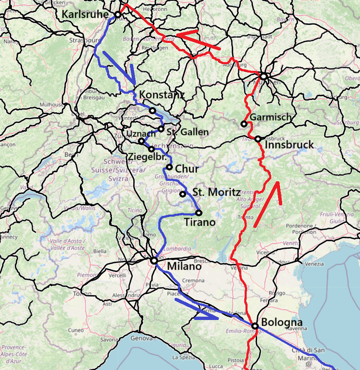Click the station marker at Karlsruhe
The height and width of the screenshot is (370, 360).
pyautogui.click(x=118, y=15)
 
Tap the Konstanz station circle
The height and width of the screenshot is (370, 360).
pyautogui.click(x=152, y=110)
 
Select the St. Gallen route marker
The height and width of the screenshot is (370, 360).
pyautogui.click(x=161, y=129)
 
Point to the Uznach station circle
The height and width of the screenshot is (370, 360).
pyautogui.click(x=142, y=141)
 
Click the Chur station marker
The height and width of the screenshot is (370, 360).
pyautogui.click(x=169, y=167)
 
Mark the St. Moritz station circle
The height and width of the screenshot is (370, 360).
pyautogui.click(x=183, y=194)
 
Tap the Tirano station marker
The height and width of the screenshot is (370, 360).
pyautogui.click(x=199, y=213)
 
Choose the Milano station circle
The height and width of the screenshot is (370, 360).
pyautogui.click(x=154, y=261)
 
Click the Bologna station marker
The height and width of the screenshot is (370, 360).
pyautogui.click(x=254, y=326)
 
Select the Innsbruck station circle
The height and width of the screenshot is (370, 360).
pyautogui.click(x=258, y=139)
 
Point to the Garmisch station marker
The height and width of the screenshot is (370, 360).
pyautogui.click(x=244, y=123)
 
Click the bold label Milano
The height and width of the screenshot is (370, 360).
pyautogui.click(x=184, y=266)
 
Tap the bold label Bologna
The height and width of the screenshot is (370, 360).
pyautogui.click(x=282, y=322)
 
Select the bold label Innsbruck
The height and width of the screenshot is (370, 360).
pyautogui.click(x=290, y=145)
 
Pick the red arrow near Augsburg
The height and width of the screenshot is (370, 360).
pyautogui.click(x=198, y=39)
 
